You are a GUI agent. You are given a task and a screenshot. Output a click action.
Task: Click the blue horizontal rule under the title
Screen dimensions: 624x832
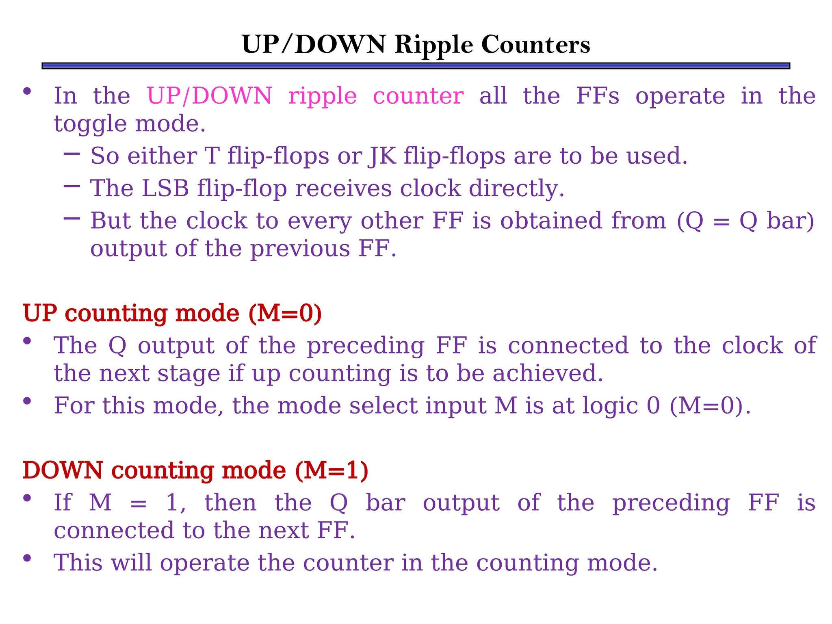tap(416, 66)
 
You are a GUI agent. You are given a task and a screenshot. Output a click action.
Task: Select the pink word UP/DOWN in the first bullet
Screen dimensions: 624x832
tap(209, 96)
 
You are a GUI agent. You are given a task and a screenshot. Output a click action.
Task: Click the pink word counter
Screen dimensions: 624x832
tap(418, 96)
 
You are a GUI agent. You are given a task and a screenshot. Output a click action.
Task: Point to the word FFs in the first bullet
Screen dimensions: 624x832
tap(598, 96)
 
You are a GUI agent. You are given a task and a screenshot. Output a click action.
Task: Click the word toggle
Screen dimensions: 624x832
tap(90, 124)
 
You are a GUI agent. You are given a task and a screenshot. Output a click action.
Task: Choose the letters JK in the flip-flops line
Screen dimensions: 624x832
tap(382, 156)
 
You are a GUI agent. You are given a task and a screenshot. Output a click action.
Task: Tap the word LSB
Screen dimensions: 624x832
tap(165, 188)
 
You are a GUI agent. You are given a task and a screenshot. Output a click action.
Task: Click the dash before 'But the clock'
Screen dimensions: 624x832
tap(72, 219)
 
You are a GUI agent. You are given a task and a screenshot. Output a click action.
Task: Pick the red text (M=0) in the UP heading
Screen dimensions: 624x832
tap(285, 313)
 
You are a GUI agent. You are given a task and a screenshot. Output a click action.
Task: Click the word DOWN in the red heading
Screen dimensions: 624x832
tap(63, 470)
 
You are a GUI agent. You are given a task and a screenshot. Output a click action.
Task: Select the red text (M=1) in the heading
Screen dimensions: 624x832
tap(331, 470)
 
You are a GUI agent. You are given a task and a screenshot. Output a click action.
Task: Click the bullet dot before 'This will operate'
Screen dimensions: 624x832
tap(27, 558)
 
